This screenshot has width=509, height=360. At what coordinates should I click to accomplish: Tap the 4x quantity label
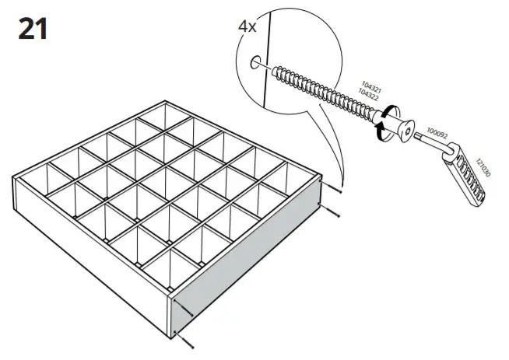(247, 26)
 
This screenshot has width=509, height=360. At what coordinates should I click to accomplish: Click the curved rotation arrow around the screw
(381, 125)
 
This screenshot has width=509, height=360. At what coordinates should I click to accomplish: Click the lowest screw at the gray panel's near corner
(184, 336)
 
